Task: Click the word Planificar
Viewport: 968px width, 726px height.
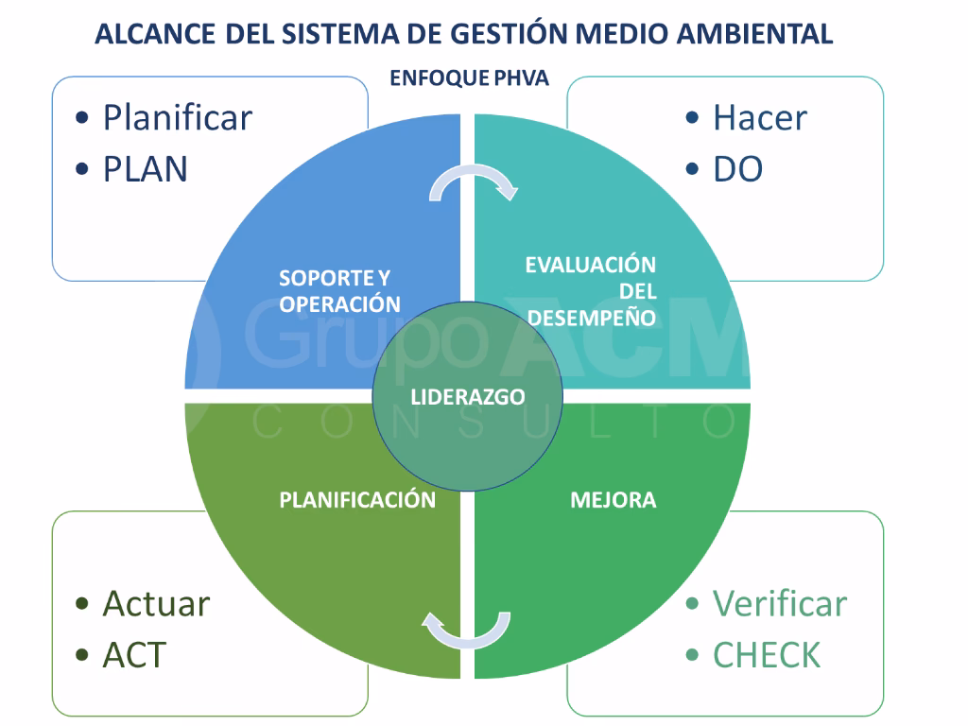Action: pyautogui.click(x=178, y=118)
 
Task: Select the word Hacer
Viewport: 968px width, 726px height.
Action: pyautogui.click(x=759, y=118)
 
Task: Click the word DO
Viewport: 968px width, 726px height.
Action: pyautogui.click(x=737, y=169)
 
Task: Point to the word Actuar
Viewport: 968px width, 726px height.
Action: pyautogui.click(x=156, y=603)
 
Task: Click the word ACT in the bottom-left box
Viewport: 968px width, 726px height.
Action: pyautogui.click(x=133, y=655)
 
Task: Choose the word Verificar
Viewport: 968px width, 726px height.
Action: pyautogui.click(x=779, y=603)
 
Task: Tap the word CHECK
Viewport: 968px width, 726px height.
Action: pyautogui.click(x=767, y=655)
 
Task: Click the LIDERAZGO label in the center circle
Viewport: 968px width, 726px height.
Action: pyautogui.click(x=468, y=397)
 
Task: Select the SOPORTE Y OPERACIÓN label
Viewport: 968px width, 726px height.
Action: pyautogui.click(x=339, y=291)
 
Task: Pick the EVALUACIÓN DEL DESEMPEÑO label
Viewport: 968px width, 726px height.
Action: pyautogui.click(x=591, y=291)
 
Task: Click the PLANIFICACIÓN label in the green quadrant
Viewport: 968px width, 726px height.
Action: pyautogui.click(x=357, y=500)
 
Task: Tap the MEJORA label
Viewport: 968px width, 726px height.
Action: pyautogui.click(x=613, y=500)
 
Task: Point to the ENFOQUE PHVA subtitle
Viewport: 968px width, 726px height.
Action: pyautogui.click(x=469, y=78)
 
